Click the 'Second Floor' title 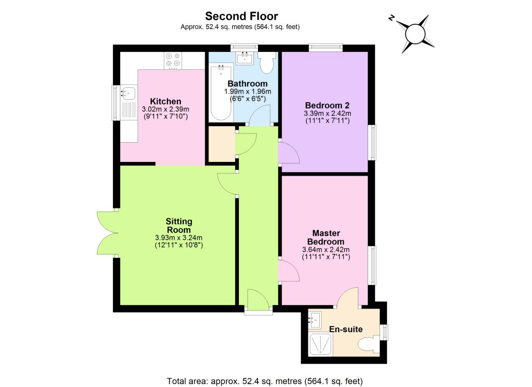(x=241, y=16)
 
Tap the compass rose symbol (x=415, y=34)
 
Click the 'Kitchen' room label (x=166, y=101)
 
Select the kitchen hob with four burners (x=173, y=61)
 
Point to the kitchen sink (x=128, y=93)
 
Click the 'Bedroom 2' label (x=327, y=105)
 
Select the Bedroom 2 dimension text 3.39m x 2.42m (x=327, y=113)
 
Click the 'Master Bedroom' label (x=326, y=237)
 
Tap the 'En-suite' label (x=346, y=329)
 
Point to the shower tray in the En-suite (x=320, y=345)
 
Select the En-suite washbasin (x=315, y=319)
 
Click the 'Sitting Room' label (x=179, y=226)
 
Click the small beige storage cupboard (x=222, y=144)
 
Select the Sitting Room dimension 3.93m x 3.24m (x=179, y=238)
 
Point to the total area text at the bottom (x=265, y=381)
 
